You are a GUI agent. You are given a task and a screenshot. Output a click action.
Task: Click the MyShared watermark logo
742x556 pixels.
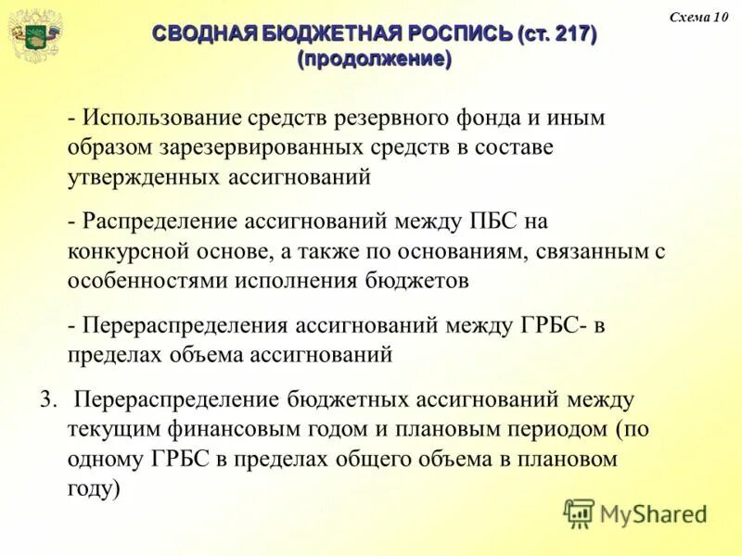pyautogui.click(x=635, y=512)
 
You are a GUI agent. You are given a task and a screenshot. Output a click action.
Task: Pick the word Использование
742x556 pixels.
pyautogui.click(x=161, y=119)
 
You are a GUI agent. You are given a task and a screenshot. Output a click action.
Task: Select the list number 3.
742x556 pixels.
pyautogui.click(x=48, y=399)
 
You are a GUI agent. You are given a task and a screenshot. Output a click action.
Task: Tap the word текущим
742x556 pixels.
pyautogui.click(x=113, y=428)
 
